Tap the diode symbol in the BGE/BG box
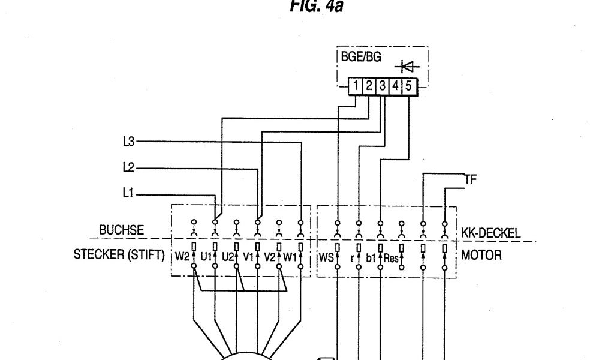[411, 67]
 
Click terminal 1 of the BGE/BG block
[356, 86]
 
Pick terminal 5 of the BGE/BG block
[408, 86]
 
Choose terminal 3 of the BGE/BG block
[382, 86]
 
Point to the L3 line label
[127, 142]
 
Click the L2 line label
[127, 168]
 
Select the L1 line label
[127, 194]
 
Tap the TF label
[471, 179]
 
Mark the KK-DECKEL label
[491, 233]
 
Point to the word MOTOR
[481, 255]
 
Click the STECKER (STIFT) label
[118, 255]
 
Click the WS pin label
[326, 258]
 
